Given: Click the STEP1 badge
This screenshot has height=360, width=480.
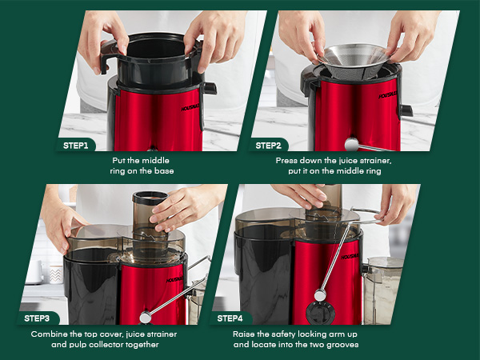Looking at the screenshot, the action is click(x=76, y=146).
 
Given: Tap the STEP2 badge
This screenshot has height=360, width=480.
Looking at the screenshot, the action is click(x=268, y=146).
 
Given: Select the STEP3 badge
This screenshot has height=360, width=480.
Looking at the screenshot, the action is click(x=37, y=318).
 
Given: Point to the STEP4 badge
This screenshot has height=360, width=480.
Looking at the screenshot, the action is click(x=230, y=318).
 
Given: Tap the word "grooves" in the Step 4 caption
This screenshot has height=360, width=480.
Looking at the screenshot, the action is click(x=342, y=344).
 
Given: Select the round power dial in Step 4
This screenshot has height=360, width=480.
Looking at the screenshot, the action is click(x=320, y=313).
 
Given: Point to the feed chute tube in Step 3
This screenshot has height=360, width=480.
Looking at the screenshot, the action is click(x=150, y=215).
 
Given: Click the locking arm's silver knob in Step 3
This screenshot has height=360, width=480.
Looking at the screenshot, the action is click(x=146, y=317).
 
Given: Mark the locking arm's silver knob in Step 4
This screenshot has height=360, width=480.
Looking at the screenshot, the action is click(x=320, y=295).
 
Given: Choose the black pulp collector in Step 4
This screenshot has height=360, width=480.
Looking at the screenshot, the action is click(x=262, y=275).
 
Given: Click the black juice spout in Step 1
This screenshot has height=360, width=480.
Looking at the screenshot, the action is click(x=210, y=88).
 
